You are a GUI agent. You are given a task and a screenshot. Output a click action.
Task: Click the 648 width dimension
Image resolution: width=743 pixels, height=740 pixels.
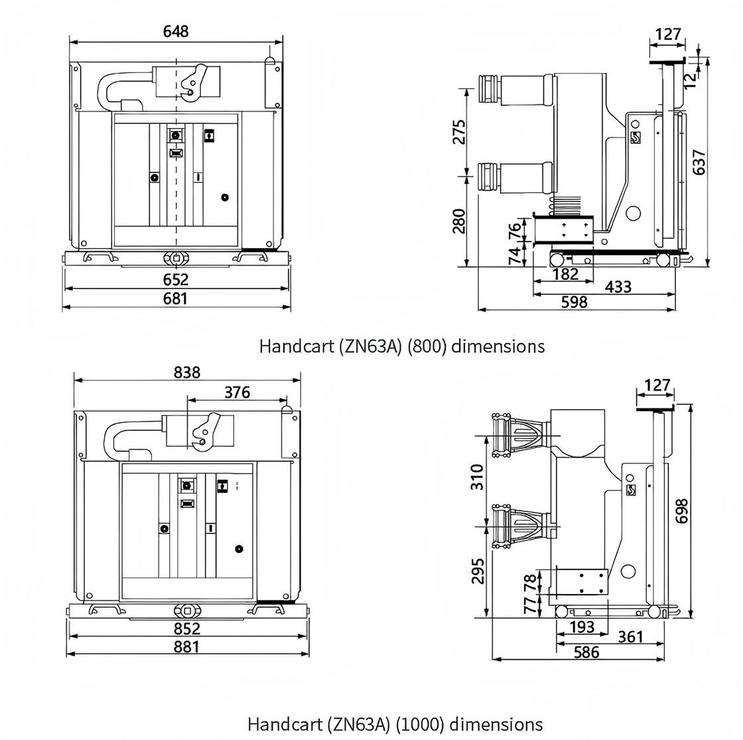coord(176,32)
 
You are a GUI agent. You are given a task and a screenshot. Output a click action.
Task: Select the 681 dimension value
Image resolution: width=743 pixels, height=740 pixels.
coord(175,299)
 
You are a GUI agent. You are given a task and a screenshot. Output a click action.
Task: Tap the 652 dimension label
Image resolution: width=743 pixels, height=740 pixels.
coord(176,280)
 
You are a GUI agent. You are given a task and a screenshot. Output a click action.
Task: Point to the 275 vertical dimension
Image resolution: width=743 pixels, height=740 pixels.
coord(458,132)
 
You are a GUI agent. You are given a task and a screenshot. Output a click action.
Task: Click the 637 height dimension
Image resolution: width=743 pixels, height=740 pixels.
coord(699,162)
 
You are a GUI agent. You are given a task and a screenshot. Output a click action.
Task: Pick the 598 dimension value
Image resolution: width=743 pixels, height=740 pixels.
coord(574,302)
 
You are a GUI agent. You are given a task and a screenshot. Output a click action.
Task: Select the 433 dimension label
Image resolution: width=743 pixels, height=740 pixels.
coord(618,287)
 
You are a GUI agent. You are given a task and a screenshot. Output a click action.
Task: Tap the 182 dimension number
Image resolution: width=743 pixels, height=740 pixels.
coord(566,274)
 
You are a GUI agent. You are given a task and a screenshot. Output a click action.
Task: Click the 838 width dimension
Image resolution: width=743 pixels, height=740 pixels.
coord(186,373)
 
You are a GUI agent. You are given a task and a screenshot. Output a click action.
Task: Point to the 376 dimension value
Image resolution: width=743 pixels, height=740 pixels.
coord(237,393)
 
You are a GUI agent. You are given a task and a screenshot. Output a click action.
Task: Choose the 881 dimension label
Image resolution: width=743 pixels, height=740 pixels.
coord(186,647)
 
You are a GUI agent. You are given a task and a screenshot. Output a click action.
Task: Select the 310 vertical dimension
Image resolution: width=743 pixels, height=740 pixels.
coord(477,477)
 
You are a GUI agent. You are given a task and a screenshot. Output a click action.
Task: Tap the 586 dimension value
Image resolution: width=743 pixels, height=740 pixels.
coord(586,653)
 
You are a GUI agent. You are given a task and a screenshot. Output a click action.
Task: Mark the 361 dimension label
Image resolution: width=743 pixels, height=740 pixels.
coord(630,637)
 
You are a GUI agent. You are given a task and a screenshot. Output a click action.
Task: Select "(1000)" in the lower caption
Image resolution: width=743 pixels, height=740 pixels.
coord(421,724)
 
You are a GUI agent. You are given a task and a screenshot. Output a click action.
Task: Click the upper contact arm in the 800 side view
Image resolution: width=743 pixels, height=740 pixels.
coord(515,90)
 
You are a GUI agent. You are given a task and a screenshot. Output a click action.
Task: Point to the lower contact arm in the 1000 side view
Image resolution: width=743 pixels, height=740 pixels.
coord(522,526)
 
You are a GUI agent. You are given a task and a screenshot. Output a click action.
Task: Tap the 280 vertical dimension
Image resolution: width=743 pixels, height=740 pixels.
coord(458,221)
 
